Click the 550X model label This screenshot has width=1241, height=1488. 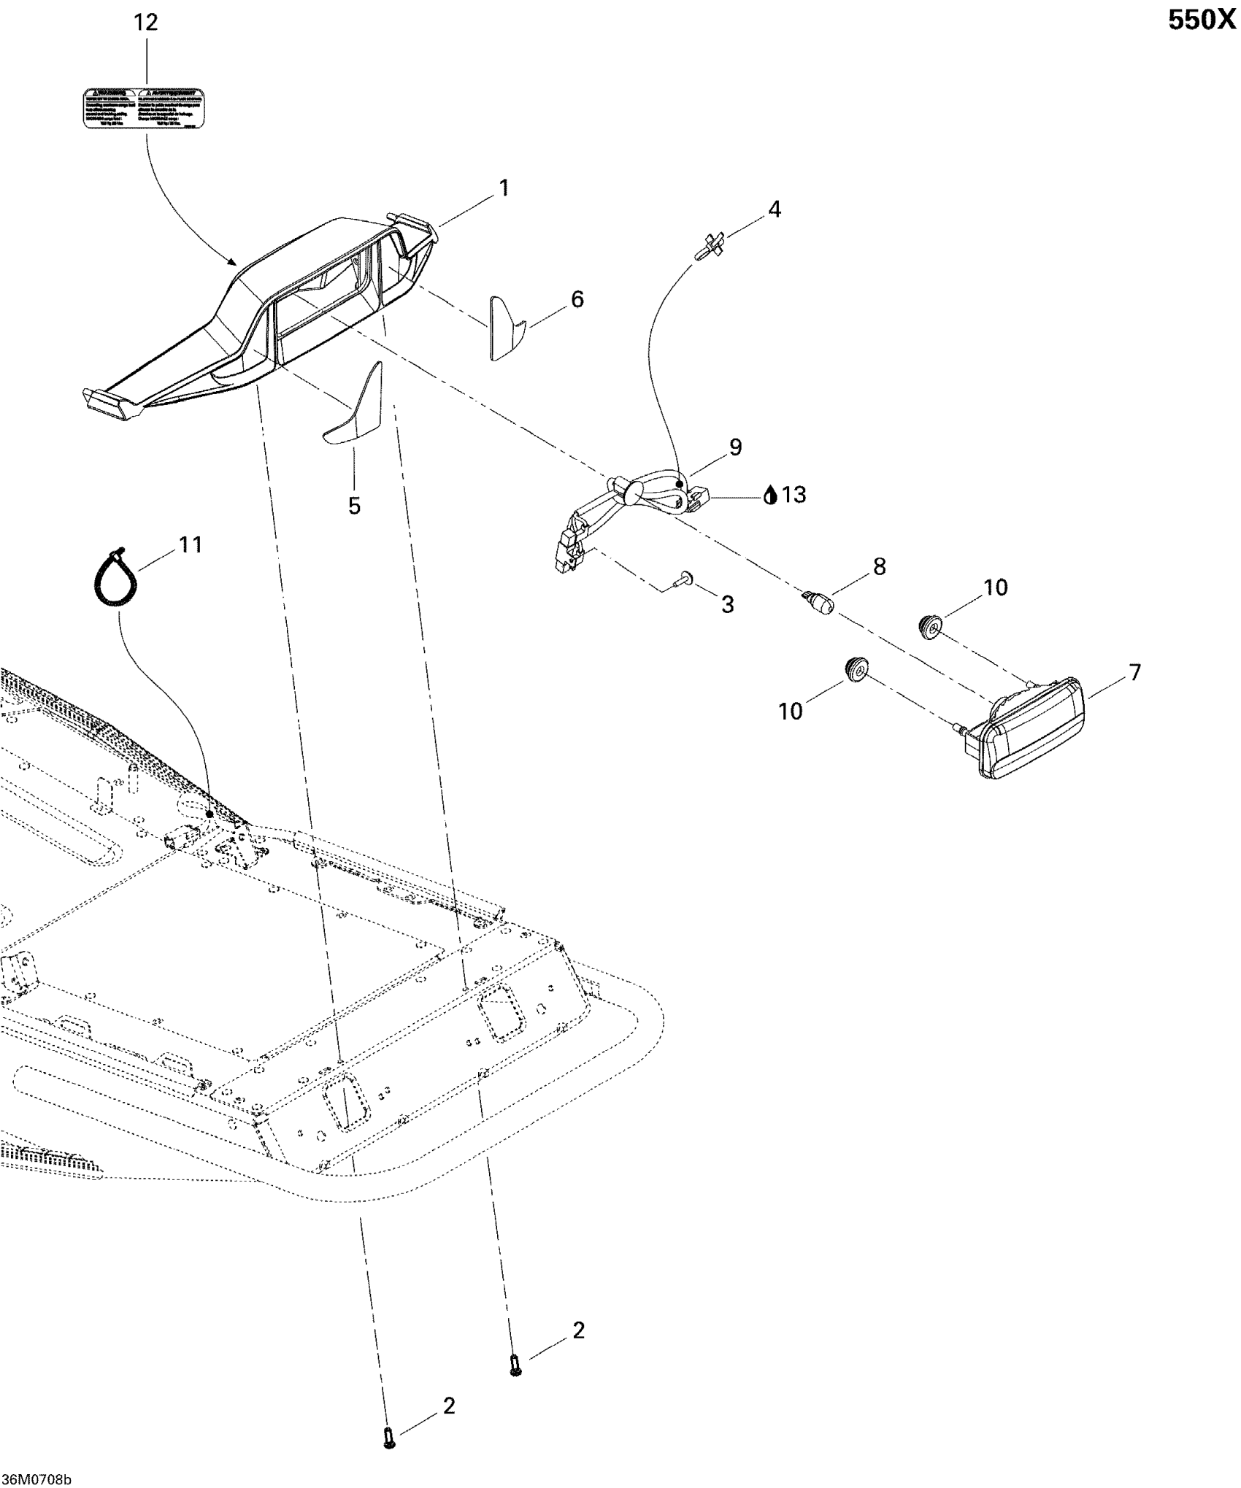(x=1202, y=21)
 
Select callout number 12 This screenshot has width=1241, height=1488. (x=146, y=23)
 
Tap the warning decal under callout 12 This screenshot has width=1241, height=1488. (x=145, y=109)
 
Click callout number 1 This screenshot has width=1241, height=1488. (x=503, y=189)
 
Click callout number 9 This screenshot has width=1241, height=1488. (x=735, y=447)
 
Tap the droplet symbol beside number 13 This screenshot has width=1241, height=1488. (x=770, y=496)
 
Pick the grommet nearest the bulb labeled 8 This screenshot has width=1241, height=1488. (x=930, y=626)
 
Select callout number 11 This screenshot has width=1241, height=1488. (x=191, y=545)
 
